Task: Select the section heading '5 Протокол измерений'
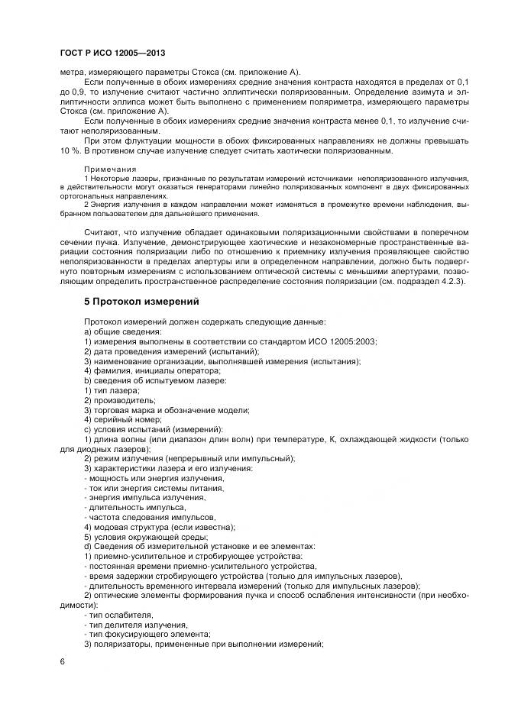tap(141, 302)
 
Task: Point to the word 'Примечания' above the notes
tap(110, 169)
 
